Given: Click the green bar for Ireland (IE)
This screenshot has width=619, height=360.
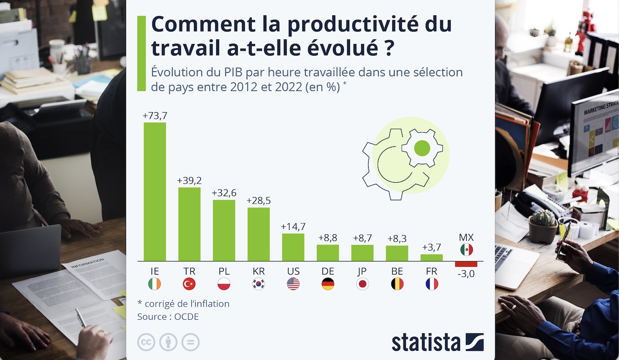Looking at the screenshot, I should pyautogui.click(x=155, y=191).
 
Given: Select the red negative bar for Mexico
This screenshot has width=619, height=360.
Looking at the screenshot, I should pyautogui.click(x=466, y=264).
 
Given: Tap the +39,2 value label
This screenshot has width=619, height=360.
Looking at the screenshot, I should pyautogui.click(x=189, y=180).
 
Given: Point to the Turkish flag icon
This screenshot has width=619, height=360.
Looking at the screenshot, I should pyautogui.click(x=189, y=284).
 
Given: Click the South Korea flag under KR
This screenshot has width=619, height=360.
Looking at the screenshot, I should pyautogui.click(x=258, y=284).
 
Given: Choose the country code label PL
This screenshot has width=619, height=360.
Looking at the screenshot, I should pyautogui.click(x=224, y=271).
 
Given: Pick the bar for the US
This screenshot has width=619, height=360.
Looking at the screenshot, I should pyautogui.click(x=293, y=247).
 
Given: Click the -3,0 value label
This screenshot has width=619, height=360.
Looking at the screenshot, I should pyautogui.click(x=466, y=275).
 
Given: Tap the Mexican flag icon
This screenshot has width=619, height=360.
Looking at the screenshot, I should pyautogui.click(x=466, y=250).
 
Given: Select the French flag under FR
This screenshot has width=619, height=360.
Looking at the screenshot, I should pyautogui.click(x=432, y=284).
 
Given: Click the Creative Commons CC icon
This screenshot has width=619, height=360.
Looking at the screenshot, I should pyautogui.click(x=146, y=342).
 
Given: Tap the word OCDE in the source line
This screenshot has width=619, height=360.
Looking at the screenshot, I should pyautogui.click(x=187, y=316).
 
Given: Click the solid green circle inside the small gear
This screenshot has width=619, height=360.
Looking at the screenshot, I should pyautogui.click(x=422, y=148).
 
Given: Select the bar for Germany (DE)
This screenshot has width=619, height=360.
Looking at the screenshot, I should pyautogui.click(x=327, y=253).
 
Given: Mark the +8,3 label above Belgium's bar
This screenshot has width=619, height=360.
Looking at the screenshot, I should pyautogui.click(x=397, y=239).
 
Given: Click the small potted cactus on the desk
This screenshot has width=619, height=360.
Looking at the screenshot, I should pyautogui.click(x=543, y=226).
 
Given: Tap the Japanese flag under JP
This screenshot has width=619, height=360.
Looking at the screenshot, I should pyautogui.click(x=362, y=284).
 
